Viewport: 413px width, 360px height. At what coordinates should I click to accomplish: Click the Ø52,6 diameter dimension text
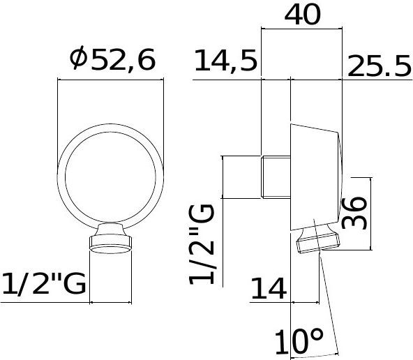113,59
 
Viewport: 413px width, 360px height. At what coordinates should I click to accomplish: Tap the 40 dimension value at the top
303,15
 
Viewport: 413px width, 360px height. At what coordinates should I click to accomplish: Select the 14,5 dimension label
226,61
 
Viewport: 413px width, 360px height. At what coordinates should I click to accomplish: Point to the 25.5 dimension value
380,66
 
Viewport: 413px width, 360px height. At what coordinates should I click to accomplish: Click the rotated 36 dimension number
354,213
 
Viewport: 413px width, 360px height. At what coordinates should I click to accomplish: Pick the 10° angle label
299,342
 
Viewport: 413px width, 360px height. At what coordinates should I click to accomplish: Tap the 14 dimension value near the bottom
269,288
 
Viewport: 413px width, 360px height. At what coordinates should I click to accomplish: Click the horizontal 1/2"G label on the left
44,283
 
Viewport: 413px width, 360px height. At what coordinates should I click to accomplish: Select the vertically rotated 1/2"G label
202,244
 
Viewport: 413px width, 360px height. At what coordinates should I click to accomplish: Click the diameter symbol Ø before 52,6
79,58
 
